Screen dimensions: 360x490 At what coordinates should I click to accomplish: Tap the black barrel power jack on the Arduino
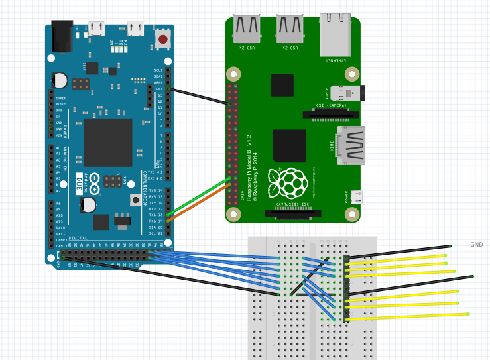[x=63, y=36]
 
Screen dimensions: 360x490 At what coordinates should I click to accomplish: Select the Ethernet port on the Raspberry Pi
[x=335, y=36]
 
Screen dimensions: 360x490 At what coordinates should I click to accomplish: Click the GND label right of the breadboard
[x=477, y=245]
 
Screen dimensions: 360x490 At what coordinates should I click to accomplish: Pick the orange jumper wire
[x=199, y=202]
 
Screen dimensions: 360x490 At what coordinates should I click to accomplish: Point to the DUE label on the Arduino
[x=79, y=180]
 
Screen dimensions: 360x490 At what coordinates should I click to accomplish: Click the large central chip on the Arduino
[x=107, y=143]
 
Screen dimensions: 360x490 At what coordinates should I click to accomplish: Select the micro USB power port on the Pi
[x=356, y=197]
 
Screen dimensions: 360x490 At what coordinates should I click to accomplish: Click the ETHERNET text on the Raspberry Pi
[x=336, y=60]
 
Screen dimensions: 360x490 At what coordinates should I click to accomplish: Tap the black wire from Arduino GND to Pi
[x=199, y=97]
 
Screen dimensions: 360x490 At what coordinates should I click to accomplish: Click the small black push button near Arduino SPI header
[x=135, y=200]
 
